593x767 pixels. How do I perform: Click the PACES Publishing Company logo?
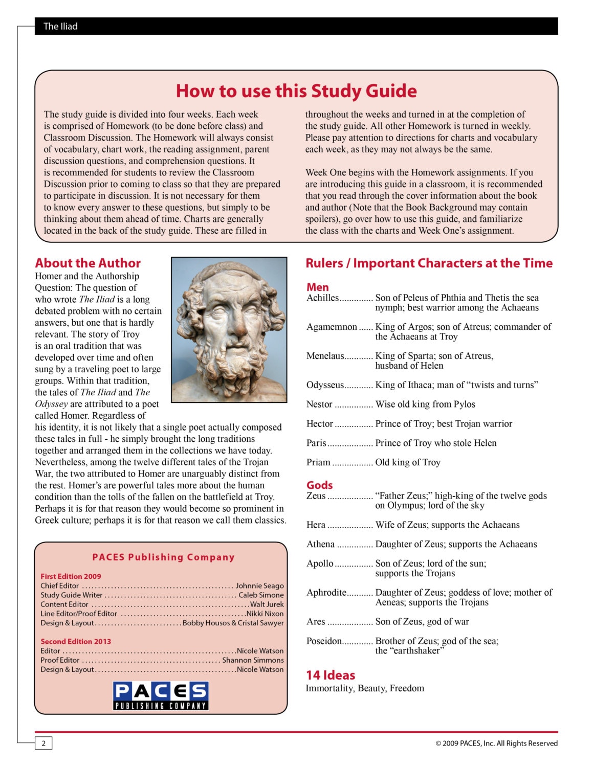pyautogui.click(x=161, y=695)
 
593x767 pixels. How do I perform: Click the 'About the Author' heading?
pyautogui.click(x=87, y=263)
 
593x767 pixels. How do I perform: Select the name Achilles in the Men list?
pyautogui.click(x=322, y=298)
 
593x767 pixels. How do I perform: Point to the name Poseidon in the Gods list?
pyautogui.click(x=324, y=641)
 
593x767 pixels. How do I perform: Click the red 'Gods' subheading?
pyautogui.click(x=319, y=485)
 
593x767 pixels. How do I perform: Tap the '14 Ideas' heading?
pyautogui.click(x=330, y=675)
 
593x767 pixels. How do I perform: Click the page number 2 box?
pyautogui.click(x=43, y=743)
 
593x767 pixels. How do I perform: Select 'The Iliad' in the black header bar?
pyautogui.click(x=60, y=26)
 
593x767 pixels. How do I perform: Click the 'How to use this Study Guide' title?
pyautogui.click(x=296, y=91)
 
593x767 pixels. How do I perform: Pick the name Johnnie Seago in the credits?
pyautogui.click(x=259, y=586)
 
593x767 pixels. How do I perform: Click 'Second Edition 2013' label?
pyautogui.click(x=76, y=642)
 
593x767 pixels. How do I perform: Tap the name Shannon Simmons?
pyautogui.click(x=253, y=660)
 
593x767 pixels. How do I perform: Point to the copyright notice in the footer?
pyautogui.click(x=496, y=743)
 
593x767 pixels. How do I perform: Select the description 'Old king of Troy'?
pyautogui.click(x=408, y=463)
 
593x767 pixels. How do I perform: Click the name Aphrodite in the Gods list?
pyautogui.click(x=326, y=593)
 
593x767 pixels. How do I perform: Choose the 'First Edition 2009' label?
pyautogui.click(x=71, y=576)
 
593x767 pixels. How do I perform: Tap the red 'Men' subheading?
pyautogui.click(x=317, y=287)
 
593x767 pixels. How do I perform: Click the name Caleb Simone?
pyautogui.click(x=261, y=595)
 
